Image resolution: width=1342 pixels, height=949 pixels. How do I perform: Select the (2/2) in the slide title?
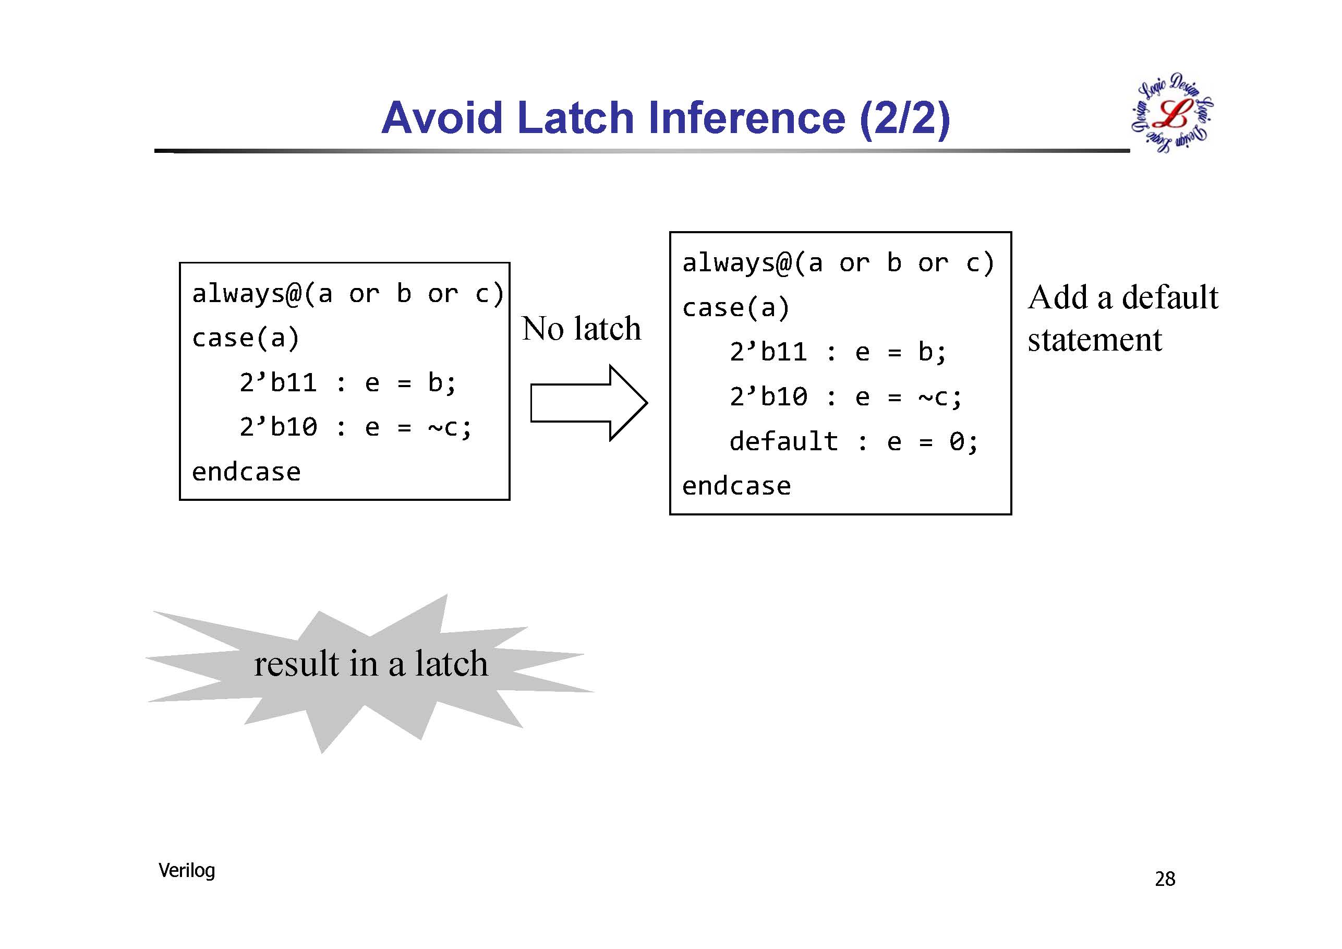905,119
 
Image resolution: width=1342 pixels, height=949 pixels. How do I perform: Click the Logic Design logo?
1172,113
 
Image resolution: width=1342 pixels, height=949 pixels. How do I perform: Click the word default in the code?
783,441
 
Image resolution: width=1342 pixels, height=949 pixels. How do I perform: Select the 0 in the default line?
956,442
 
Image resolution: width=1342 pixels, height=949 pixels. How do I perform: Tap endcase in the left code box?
246,472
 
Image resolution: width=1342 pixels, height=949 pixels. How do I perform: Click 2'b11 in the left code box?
278,383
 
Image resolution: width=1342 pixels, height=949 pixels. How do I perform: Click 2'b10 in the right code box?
769,397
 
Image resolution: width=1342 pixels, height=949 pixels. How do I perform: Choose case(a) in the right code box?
736,308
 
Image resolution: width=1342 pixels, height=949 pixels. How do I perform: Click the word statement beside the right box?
1095,340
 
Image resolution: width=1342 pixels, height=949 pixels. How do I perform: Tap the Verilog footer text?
186,871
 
